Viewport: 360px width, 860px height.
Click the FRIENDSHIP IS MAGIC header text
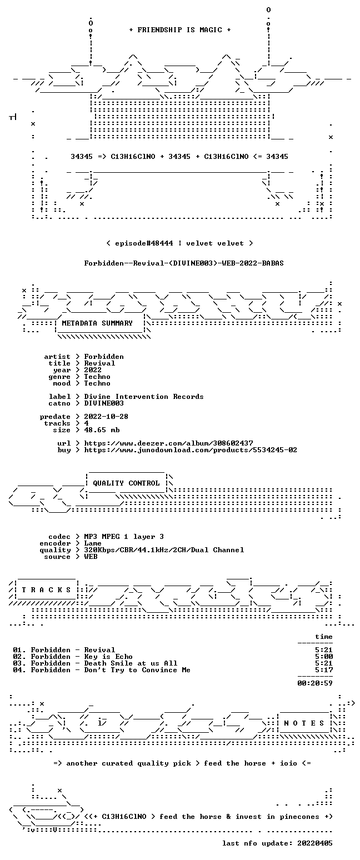coord(180,30)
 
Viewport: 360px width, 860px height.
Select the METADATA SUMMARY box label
coord(97,323)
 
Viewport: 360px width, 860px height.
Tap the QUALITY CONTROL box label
coord(126,483)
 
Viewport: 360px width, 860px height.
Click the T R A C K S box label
coord(47,589)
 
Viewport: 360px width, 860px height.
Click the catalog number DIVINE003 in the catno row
coord(104,403)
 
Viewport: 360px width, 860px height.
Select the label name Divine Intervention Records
coord(144,397)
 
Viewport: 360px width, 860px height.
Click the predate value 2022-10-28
coord(106,417)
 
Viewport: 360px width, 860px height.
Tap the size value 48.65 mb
coord(102,430)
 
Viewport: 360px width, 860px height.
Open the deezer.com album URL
coord(168,443)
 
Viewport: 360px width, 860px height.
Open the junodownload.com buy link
coord(191,450)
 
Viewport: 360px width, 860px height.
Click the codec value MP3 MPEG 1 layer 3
coord(124,537)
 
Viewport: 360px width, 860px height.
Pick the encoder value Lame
coord(93,543)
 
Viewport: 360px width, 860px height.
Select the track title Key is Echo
coord(108,657)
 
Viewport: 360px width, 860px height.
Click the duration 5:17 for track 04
coord(324,670)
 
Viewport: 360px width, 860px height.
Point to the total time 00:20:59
coord(315,683)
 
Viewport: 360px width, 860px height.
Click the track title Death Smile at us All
coord(131,663)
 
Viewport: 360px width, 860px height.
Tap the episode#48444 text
coord(144,243)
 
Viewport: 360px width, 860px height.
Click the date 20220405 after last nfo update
coord(315,843)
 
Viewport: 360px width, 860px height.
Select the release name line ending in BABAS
coord(184,263)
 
